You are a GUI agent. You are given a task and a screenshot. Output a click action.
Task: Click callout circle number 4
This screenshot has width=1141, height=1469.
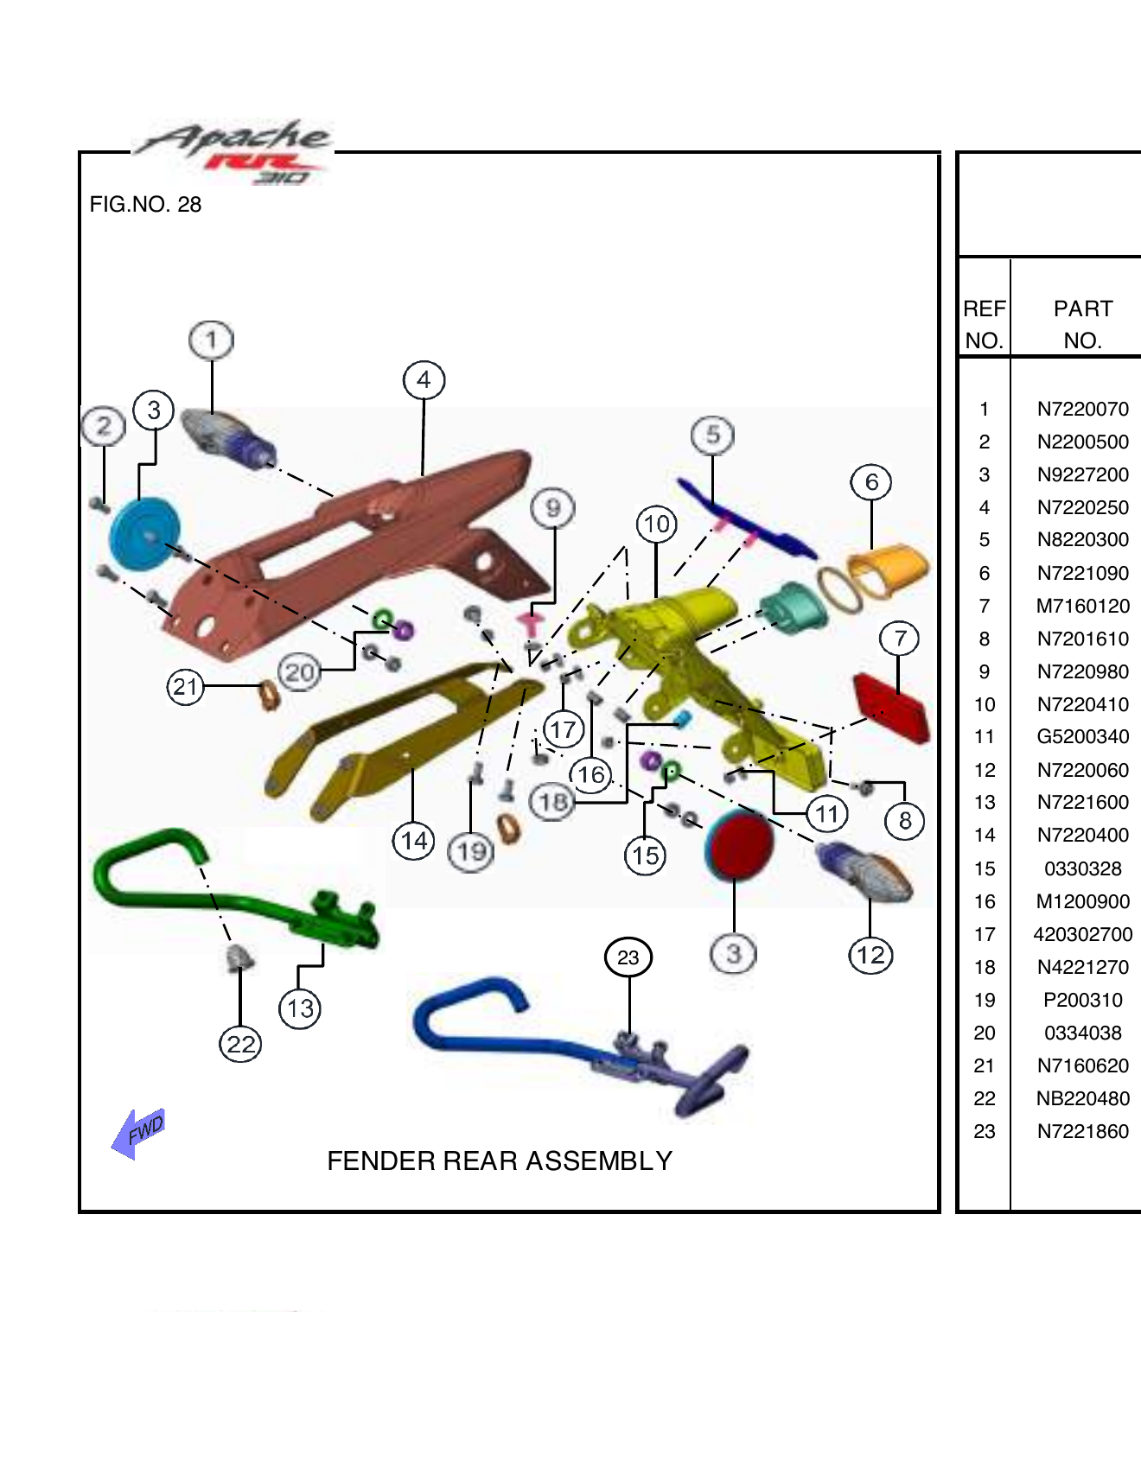(x=424, y=380)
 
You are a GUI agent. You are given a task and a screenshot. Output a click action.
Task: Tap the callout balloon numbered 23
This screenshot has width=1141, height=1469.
(x=628, y=957)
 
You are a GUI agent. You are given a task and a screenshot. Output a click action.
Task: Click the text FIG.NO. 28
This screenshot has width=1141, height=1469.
(x=145, y=205)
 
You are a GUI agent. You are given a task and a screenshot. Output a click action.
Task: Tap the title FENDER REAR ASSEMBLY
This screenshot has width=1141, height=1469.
(x=500, y=1161)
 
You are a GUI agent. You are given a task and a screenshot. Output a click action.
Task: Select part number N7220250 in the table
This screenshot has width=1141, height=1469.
(x=1082, y=507)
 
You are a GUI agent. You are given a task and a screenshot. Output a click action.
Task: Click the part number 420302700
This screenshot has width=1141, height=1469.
(x=1082, y=934)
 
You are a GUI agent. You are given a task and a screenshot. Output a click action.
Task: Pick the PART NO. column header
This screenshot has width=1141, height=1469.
(x=1082, y=324)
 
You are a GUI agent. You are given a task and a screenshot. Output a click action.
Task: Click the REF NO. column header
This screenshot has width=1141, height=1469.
(x=984, y=324)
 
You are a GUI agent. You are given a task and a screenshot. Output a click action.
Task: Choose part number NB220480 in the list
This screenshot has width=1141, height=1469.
(x=1082, y=1098)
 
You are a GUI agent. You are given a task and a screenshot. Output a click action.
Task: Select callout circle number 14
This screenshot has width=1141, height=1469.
(x=414, y=841)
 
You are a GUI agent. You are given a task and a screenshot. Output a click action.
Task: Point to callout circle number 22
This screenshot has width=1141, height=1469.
(x=240, y=1045)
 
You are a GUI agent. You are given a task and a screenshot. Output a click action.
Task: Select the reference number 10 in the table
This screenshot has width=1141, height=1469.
(x=985, y=704)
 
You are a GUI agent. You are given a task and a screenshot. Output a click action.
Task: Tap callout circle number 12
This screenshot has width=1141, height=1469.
(x=870, y=955)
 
